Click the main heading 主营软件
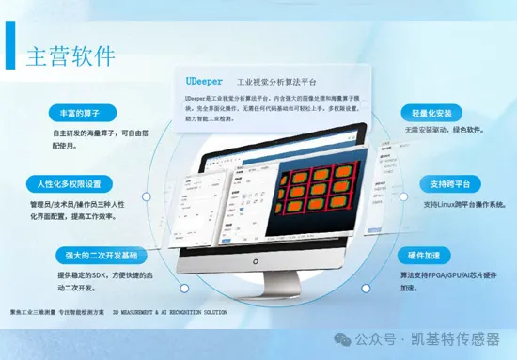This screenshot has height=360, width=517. click(x=72, y=55)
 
